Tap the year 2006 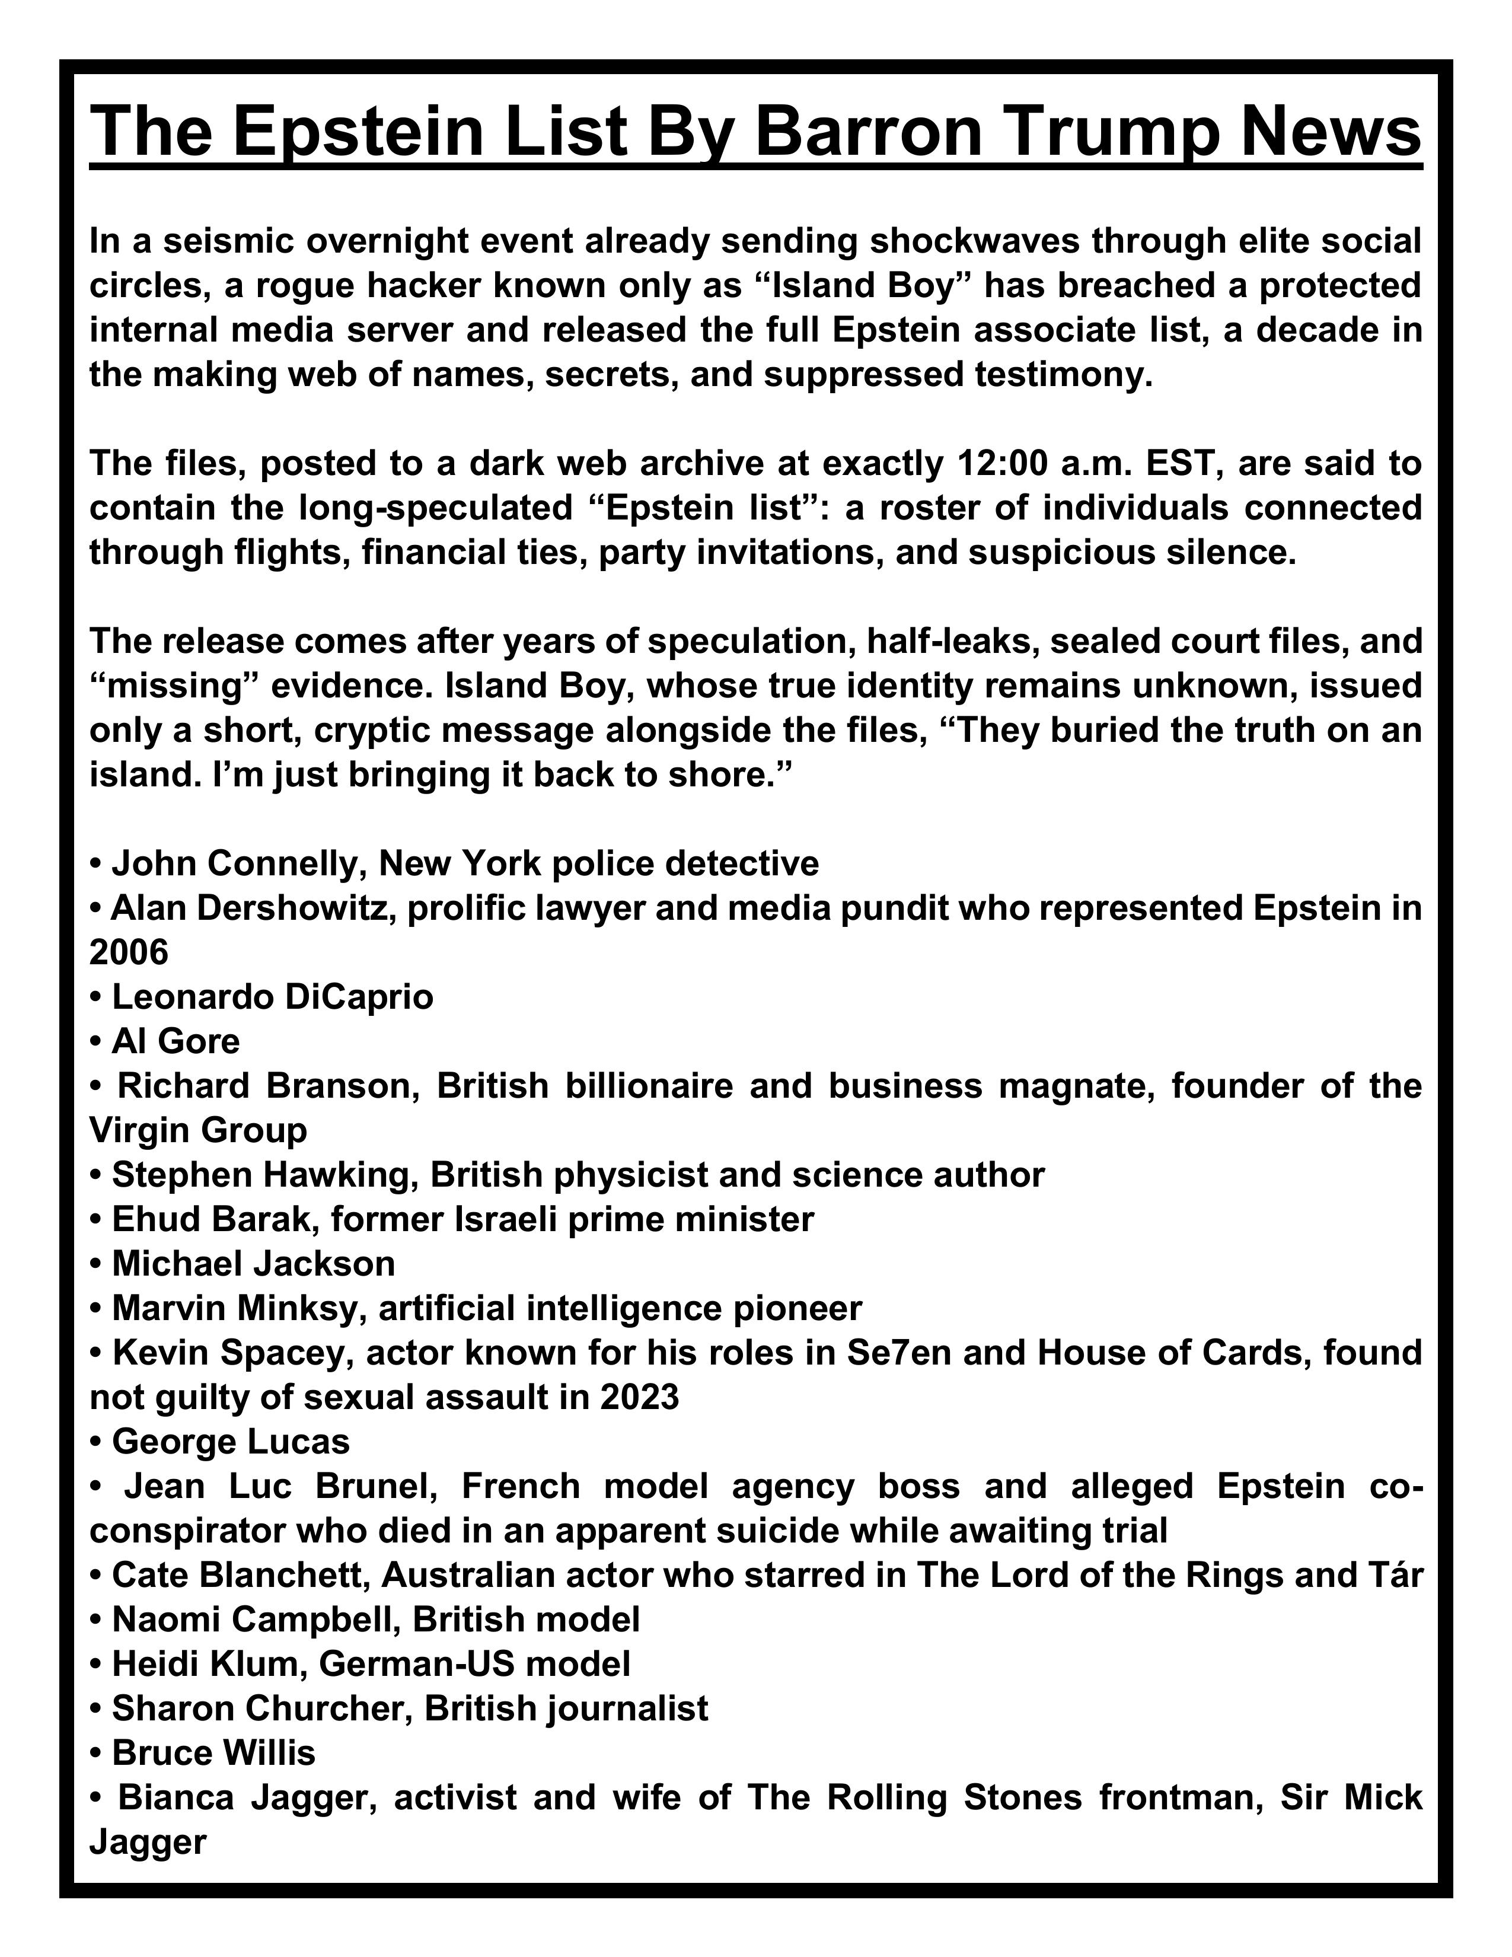pyautogui.click(x=129, y=952)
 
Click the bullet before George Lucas pyautogui.click(x=96, y=1442)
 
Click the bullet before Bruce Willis pyautogui.click(x=96, y=1752)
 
